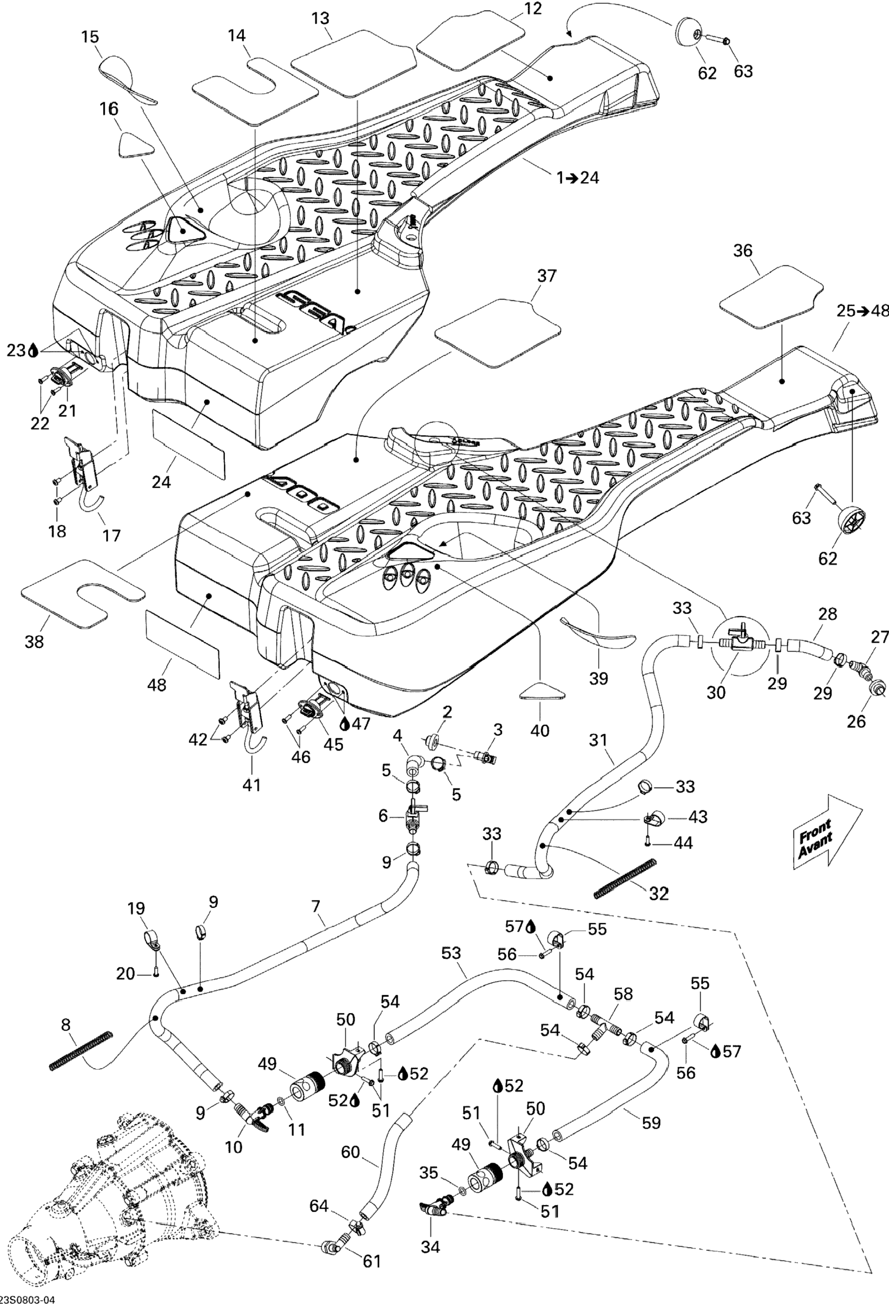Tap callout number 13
click(321, 19)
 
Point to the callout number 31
click(598, 740)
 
